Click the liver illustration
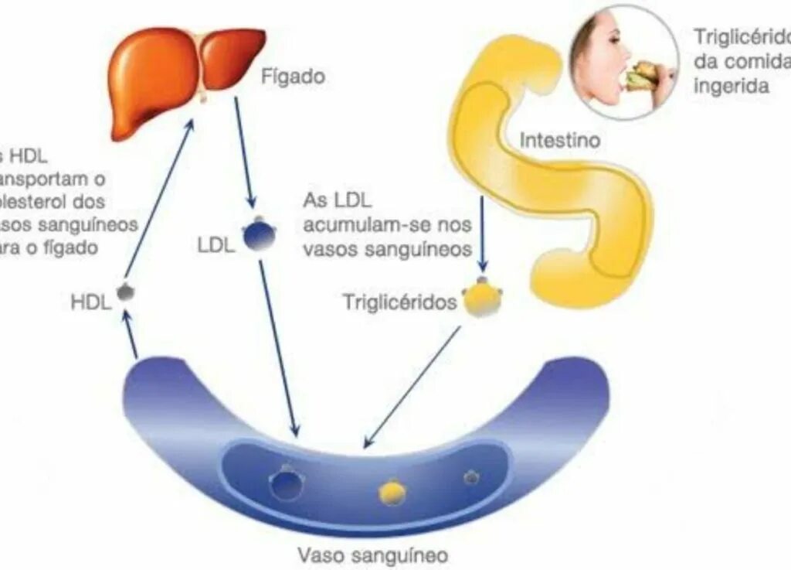tap(182, 77)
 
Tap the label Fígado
tap(293, 77)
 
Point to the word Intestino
tap(560, 142)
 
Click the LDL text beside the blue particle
tap(216, 247)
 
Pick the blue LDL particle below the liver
tap(260, 234)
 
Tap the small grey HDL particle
tap(125, 292)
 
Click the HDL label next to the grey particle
tap(91, 302)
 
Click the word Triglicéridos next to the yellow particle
tap(400, 302)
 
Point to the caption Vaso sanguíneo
tap(373, 555)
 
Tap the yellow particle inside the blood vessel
tap(392, 492)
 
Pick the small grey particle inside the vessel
tap(471, 478)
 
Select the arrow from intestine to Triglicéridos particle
tap(483, 232)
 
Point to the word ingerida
tap(731, 85)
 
